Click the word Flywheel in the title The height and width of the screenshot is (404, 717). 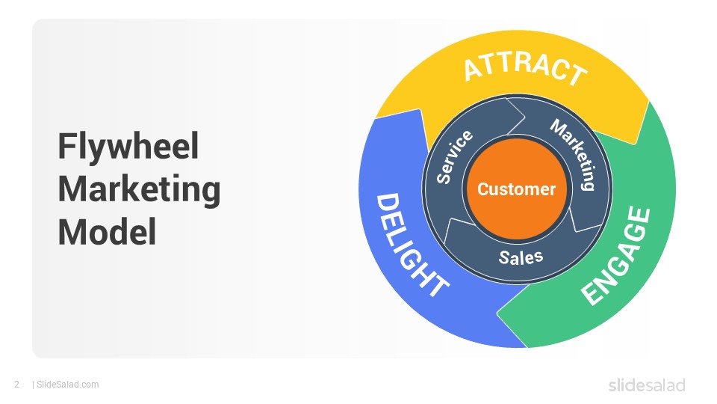point(128,147)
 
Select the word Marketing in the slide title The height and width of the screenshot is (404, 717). point(139,189)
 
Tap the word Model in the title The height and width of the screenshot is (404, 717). point(108,232)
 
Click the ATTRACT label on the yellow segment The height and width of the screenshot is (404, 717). point(525,69)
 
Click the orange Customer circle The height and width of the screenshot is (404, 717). point(517,189)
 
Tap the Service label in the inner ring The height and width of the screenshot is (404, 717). point(454,156)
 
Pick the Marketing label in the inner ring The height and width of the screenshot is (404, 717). point(574,153)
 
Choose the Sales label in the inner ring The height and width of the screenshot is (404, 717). point(521,257)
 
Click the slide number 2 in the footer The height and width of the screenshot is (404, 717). point(17,385)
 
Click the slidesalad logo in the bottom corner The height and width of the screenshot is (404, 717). point(647,385)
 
